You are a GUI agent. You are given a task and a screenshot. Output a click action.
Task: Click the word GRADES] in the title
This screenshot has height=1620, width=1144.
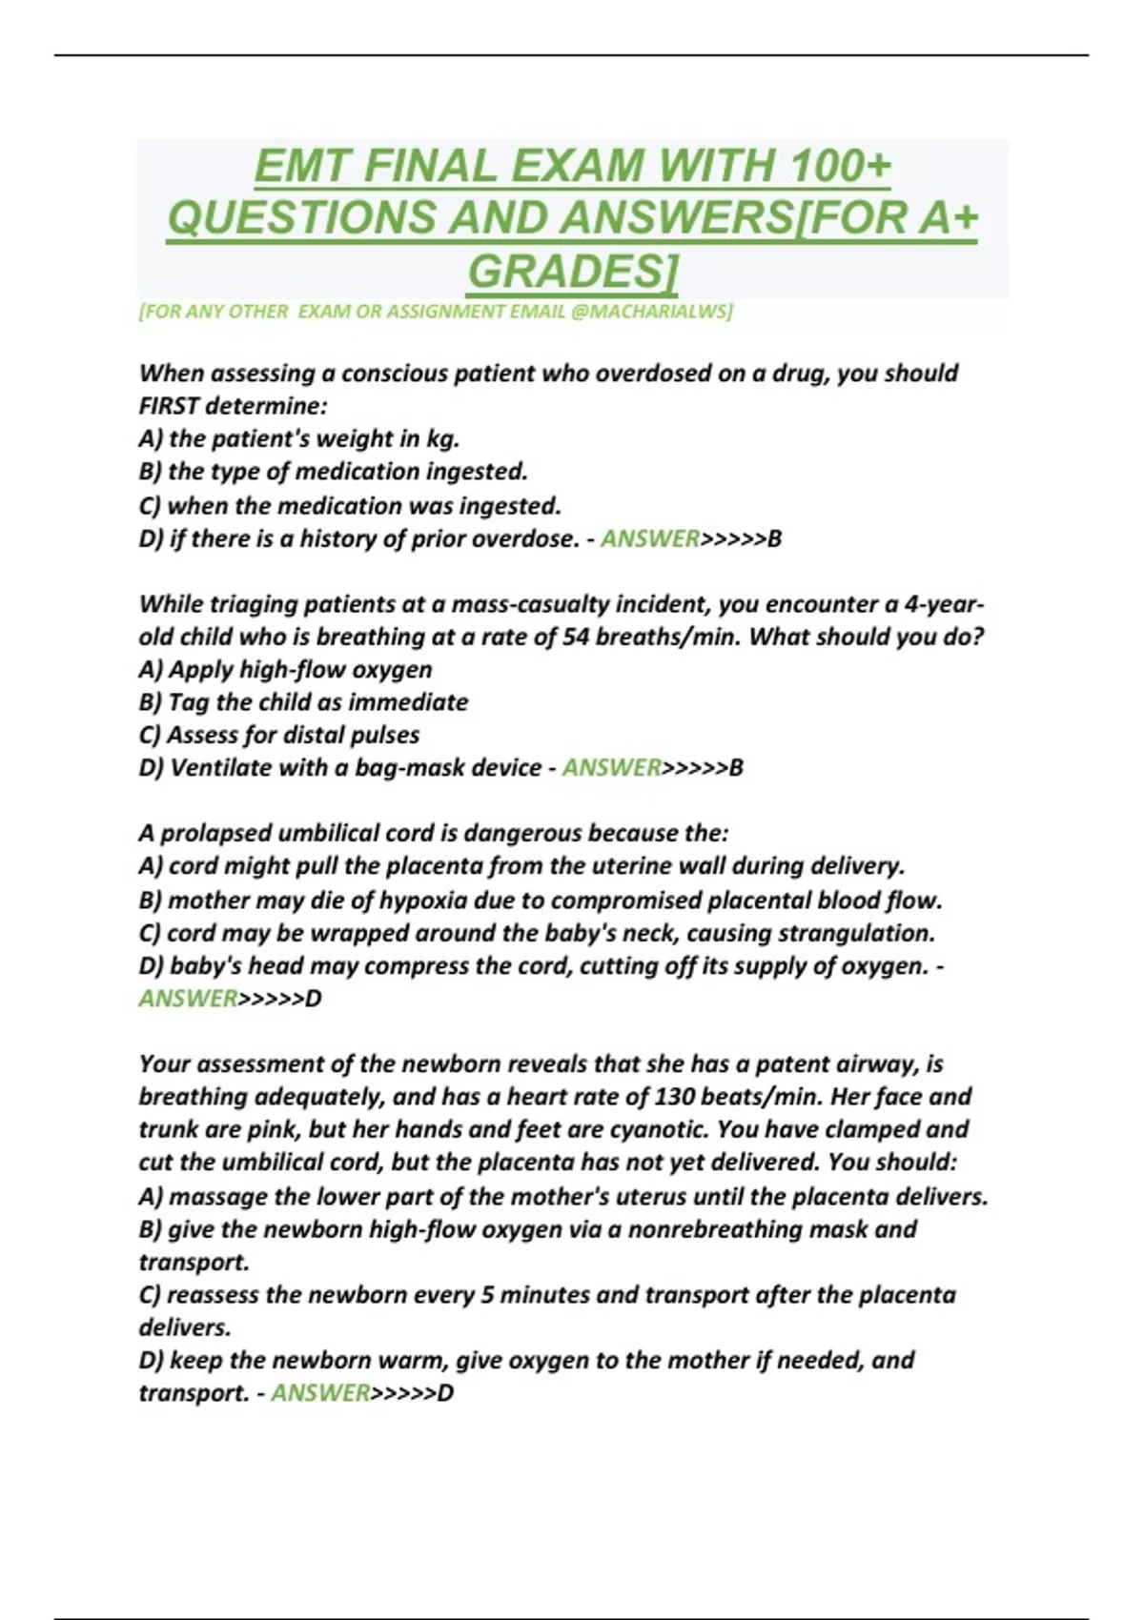(573, 271)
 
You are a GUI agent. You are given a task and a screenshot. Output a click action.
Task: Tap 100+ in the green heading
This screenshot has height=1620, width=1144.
(840, 167)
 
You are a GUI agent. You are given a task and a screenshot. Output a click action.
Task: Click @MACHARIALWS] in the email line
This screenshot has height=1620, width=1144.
(652, 312)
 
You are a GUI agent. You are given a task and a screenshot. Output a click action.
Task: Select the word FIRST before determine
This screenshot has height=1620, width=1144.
(169, 406)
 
